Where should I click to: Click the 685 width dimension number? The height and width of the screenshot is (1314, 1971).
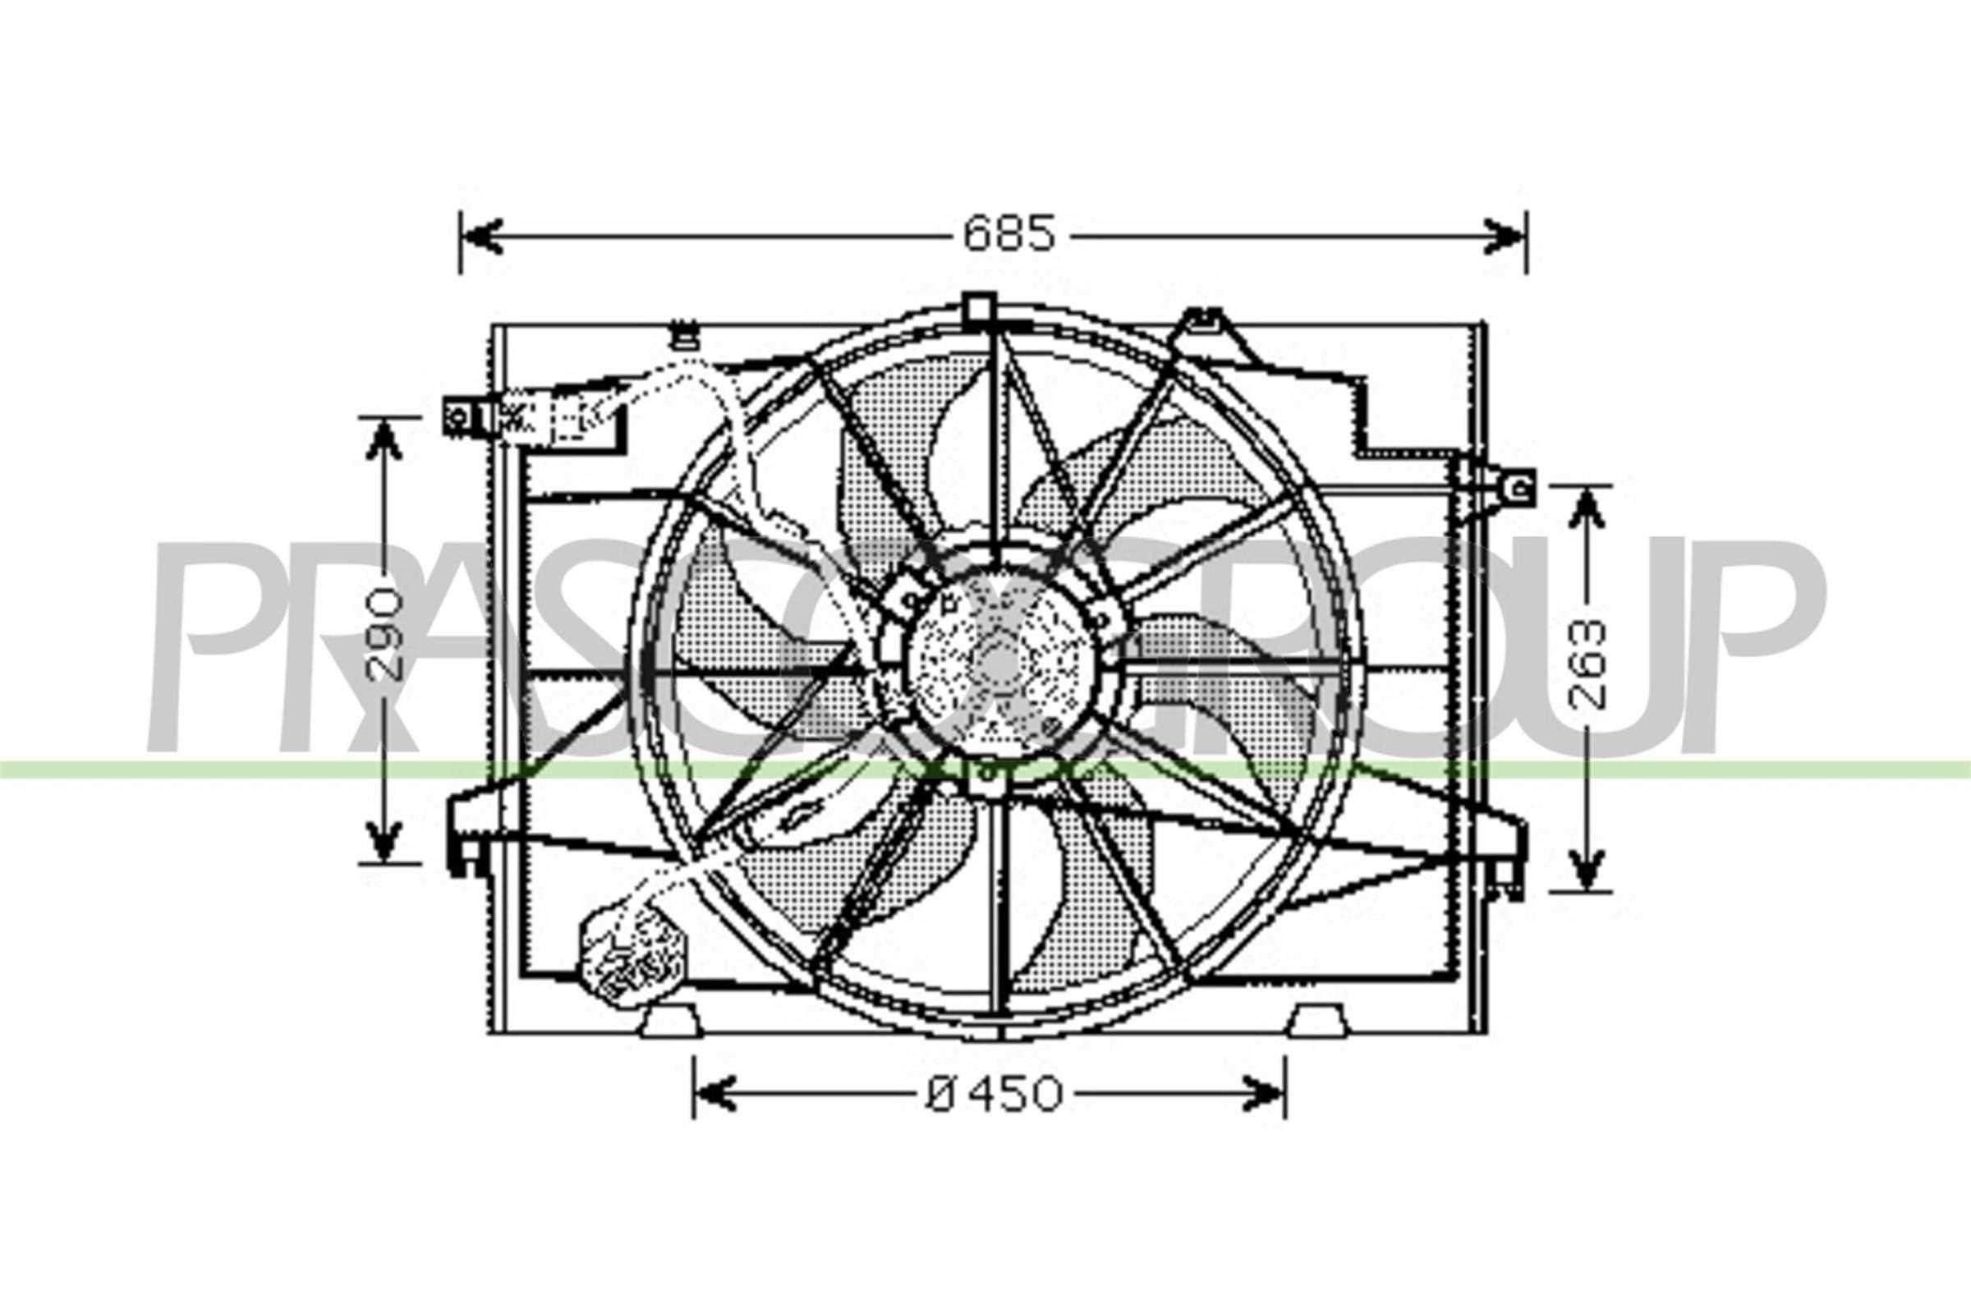pos(1009,235)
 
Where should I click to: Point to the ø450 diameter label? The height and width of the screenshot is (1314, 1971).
pos(994,1095)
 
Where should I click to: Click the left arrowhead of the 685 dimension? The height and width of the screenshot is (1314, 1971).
pos(483,236)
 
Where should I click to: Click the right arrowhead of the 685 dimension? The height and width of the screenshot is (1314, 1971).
pos(1505,236)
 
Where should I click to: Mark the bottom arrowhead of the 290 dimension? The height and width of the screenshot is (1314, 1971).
pos(384,840)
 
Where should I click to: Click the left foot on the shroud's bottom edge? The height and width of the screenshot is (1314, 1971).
pos(669,1023)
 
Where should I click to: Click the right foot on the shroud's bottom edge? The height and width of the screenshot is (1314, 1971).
pos(1316,1022)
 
